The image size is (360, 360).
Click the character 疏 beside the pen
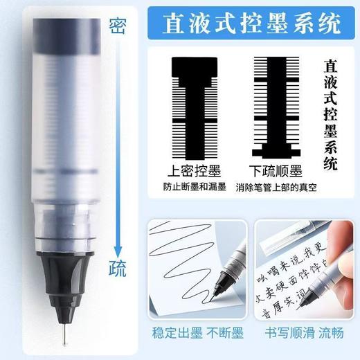118,269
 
